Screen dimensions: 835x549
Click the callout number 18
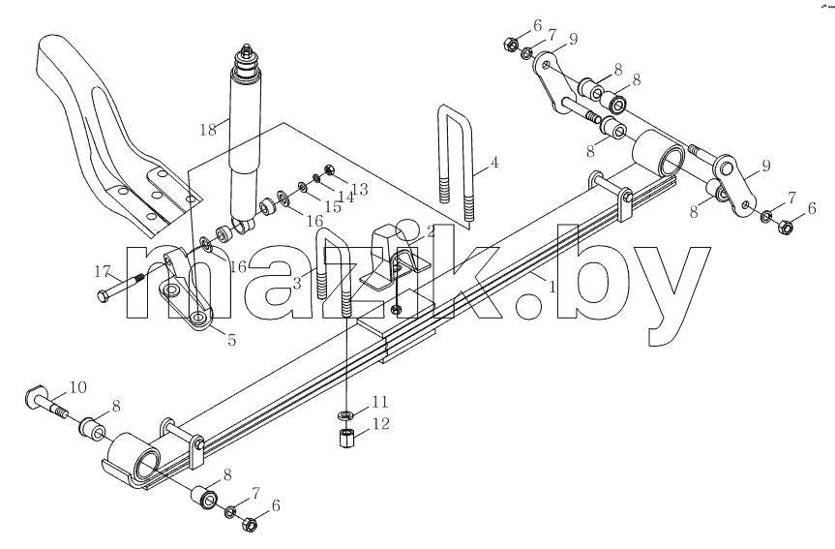click(x=208, y=129)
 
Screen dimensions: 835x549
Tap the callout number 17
click(x=102, y=272)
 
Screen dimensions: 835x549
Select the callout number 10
click(x=77, y=387)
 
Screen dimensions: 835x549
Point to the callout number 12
click(x=381, y=424)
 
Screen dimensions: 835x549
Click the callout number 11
click(x=380, y=402)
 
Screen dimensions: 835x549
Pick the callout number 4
click(x=494, y=162)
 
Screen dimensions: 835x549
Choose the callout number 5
click(x=231, y=340)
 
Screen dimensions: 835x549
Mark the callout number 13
click(x=360, y=189)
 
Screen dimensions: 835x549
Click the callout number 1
click(x=552, y=287)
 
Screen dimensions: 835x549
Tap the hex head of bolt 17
click(x=103, y=296)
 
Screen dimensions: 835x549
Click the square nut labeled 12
click(x=346, y=438)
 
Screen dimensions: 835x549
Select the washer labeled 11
click(x=345, y=414)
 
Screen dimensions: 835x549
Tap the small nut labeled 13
click(x=329, y=170)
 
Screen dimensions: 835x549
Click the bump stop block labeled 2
click(x=393, y=257)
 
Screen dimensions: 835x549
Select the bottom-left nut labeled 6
click(x=250, y=524)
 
